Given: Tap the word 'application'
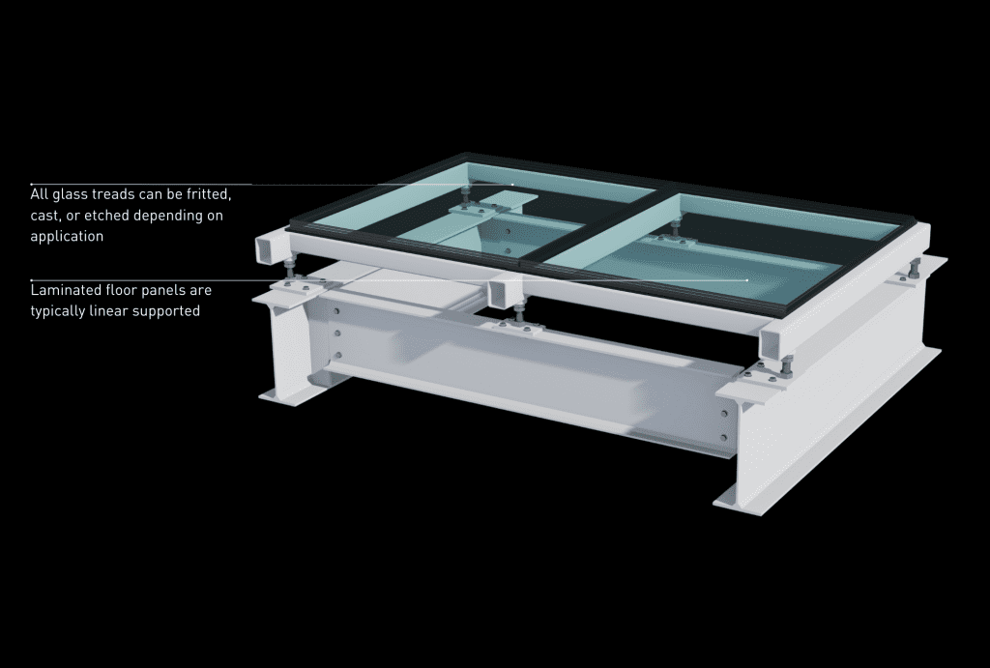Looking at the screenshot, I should (66, 236).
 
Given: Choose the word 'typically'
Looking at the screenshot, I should (62, 310).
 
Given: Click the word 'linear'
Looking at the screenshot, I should (118, 310).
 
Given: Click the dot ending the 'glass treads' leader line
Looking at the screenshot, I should (513, 184).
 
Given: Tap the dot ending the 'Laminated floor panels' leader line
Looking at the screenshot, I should (746, 280).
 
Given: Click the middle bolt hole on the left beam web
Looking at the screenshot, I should (337, 334).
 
